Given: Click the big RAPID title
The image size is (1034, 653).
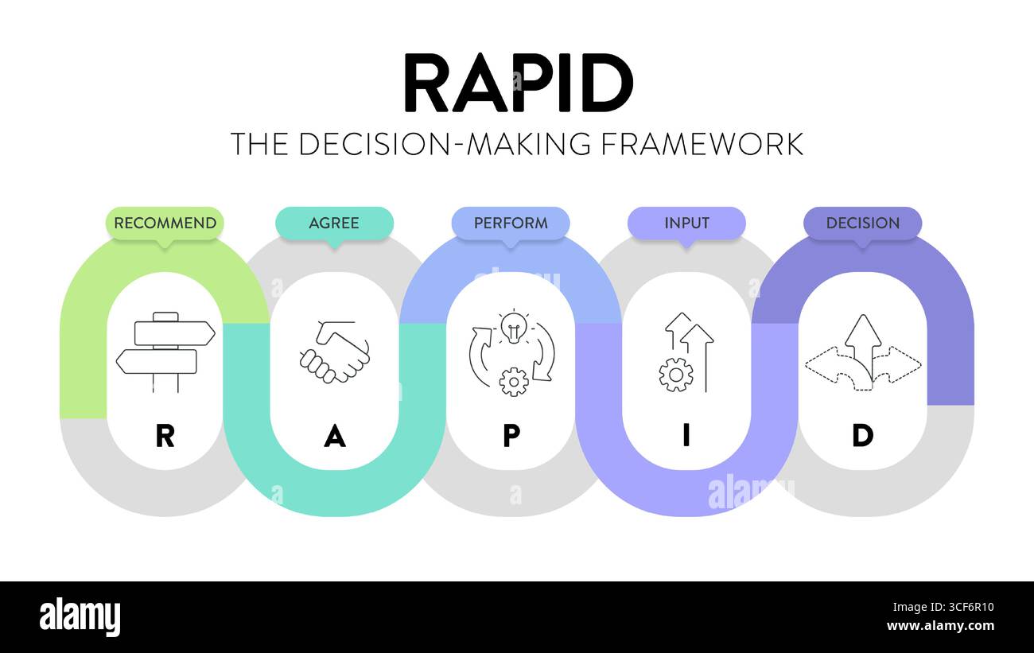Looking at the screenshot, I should pos(518,84).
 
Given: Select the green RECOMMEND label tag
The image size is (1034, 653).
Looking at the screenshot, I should pos(165,223).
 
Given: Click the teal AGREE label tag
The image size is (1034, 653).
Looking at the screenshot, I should pos(334,223).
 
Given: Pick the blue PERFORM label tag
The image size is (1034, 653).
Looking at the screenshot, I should pos(511,223).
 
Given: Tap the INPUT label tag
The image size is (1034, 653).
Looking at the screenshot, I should pos(686,223).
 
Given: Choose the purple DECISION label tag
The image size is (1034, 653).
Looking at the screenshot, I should pos(862,223).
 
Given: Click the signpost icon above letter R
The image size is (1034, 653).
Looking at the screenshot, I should pos(165,352).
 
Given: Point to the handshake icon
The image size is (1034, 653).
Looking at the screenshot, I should pos(335,352).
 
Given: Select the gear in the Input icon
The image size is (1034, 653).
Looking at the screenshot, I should pos(675,375).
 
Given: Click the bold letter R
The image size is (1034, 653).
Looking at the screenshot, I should pos(165,436).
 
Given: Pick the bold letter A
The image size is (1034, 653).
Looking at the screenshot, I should pos(335,436).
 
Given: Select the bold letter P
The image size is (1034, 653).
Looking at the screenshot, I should pos(511,436).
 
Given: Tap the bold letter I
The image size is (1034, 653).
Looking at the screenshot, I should pos(686,436).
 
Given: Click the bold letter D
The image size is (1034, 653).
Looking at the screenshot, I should pos(862,436).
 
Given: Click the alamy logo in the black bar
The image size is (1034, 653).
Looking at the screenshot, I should pos(80,617).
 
